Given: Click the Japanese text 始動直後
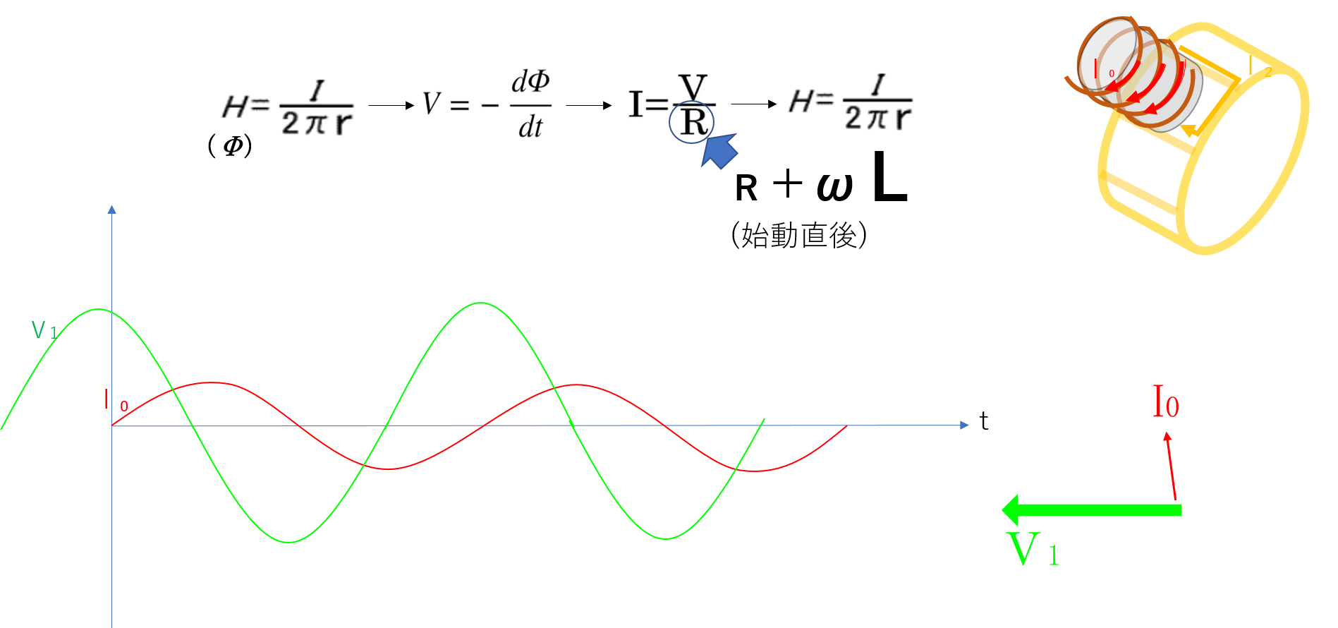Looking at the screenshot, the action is coord(799,235).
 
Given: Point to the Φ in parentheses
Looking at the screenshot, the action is coord(233,146).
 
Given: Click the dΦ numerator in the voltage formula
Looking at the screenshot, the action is coord(530,83).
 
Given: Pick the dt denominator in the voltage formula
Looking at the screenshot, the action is coord(530,128).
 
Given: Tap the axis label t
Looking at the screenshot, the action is coord(984,421).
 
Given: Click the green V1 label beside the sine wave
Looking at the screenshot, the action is coord(44,330).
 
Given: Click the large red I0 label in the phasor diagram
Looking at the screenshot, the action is coord(1165,402).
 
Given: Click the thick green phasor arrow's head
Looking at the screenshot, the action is coord(1010,509).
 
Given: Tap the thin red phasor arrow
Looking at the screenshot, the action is coord(1171,466).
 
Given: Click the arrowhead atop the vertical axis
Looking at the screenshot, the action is coord(111,210).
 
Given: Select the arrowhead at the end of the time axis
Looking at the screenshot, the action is coord(965,425).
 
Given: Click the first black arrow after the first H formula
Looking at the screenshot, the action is coord(391,106).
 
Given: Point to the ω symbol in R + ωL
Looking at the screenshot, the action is coord(835,186).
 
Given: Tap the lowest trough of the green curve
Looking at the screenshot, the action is coord(289,542).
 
